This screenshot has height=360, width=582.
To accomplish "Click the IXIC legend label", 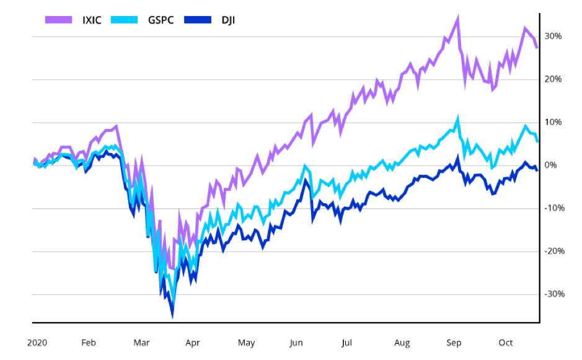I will tap(91, 20).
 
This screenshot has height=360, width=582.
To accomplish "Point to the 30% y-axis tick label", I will tap(553, 36).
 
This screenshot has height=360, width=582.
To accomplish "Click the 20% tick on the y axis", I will tap(553, 79).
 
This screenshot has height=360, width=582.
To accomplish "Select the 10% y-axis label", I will tap(553, 122).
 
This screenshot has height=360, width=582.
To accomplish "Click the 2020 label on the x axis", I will tap(37, 343).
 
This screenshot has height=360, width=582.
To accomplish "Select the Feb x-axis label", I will tap(89, 343).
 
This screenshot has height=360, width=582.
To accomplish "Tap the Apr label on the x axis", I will tap(193, 343).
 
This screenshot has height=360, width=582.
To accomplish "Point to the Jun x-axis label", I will tap(296, 343).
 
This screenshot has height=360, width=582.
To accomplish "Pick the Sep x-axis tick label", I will tap(454, 343).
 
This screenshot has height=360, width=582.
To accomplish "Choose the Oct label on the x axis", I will tap(506, 343).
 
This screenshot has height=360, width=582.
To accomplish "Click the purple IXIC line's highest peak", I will tap(457, 17).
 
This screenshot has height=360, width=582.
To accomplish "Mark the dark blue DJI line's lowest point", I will tap(172, 316).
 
